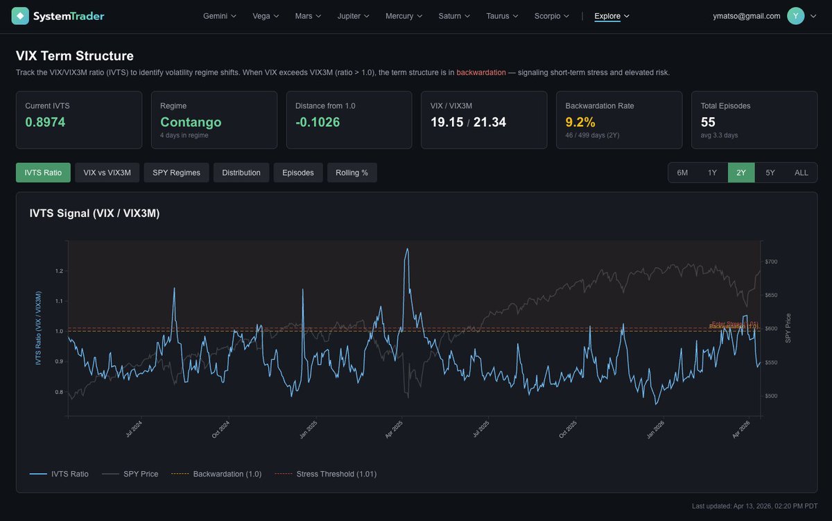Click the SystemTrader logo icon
[x=21, y=16]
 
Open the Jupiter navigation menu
[x=354, y=16]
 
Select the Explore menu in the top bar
[x=612, y=16]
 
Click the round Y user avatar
[x=796, y=16]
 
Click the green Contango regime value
[x=191, y=122]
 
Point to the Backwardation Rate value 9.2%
[x=580, y=122]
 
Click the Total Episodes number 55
[x=708, y=122]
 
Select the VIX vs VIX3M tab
[x=107, y=173]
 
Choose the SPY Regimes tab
[x=176, y=173]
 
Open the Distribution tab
[x=241, y=173]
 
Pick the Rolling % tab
[x=352, y=173]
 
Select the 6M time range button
[x=682, y=173]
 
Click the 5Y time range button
[x=770, y=173]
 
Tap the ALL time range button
[x=801, y=173]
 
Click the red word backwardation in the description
[x=481, y=72]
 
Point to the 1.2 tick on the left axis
[x=60, y=271]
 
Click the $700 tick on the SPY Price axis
[x=771, y=262]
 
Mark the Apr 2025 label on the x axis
[x=394, y=427]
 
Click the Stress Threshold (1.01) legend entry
[x=326, y=474]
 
